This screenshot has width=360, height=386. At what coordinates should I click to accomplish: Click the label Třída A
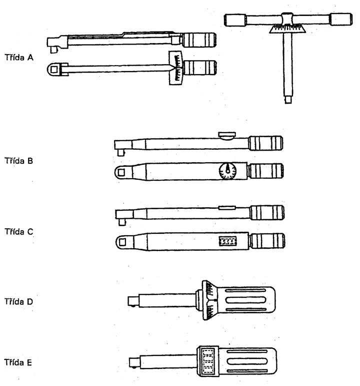tap(19, 58)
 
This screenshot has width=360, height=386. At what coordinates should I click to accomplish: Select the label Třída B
tap(18, 161)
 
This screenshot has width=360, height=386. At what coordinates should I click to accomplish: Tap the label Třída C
tap(19, 232)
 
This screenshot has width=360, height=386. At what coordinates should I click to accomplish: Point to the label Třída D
tap(18, 301)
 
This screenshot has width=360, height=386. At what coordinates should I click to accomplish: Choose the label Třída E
tap(18, 362)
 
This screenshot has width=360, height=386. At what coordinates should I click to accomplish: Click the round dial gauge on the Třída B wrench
tap(227, 171)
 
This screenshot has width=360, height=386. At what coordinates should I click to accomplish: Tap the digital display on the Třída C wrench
tap(227, 241)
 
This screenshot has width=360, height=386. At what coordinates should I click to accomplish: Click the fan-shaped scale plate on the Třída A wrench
tap(175, 68)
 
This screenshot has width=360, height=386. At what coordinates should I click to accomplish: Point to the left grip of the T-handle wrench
tap(235, 20)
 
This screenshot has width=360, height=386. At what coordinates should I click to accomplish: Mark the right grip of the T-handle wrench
tap(341, 19)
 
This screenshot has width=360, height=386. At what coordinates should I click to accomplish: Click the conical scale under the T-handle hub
tap(287, 29)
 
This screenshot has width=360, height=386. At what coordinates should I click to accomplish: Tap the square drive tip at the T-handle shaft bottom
tap(288, 100)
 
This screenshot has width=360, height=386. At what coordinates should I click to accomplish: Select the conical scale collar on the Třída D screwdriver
tap(210, 300)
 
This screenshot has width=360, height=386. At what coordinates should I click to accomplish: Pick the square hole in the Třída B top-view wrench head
tap(121, 172)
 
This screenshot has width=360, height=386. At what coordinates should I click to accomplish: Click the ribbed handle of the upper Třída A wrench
tap(199, 40)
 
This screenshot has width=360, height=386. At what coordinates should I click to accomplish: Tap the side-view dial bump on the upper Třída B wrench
tap(226, 136)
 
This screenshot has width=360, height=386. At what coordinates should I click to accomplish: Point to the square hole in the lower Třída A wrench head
tap(54, 70)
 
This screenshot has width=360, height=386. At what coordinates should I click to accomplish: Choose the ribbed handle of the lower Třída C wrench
tap(267, 241)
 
